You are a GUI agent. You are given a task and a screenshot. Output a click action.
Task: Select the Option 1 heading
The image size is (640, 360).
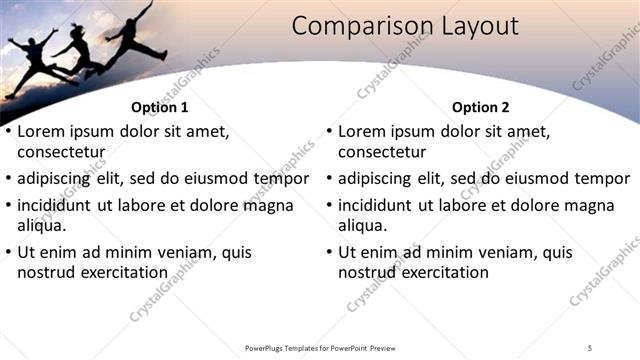[160, 107]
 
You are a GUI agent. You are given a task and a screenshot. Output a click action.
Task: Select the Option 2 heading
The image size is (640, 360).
[480, 107]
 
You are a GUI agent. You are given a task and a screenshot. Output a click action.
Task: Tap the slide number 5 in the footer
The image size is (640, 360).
[590, 348]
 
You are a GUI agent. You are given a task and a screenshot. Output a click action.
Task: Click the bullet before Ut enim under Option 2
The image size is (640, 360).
[330, 251]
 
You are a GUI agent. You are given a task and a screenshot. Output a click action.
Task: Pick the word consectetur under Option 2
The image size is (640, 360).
[382, 153]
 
